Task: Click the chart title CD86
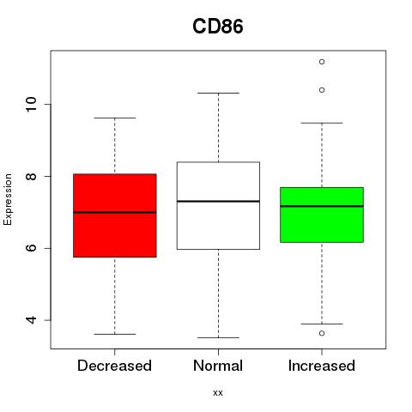218,27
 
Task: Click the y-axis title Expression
8,199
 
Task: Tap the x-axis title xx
218,392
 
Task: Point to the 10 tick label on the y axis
31,105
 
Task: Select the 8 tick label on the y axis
31,176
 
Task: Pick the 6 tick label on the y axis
31,248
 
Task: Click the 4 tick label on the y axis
31,320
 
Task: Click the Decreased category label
114,366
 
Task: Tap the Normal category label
218,366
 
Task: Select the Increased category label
322,366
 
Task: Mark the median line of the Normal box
218,202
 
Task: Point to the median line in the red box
115,212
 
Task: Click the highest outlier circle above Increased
322,62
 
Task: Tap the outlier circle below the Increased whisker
322,333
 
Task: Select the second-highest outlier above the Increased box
322,90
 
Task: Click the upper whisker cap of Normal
218,93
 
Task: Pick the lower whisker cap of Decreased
115,334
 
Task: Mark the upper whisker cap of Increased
322,123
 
